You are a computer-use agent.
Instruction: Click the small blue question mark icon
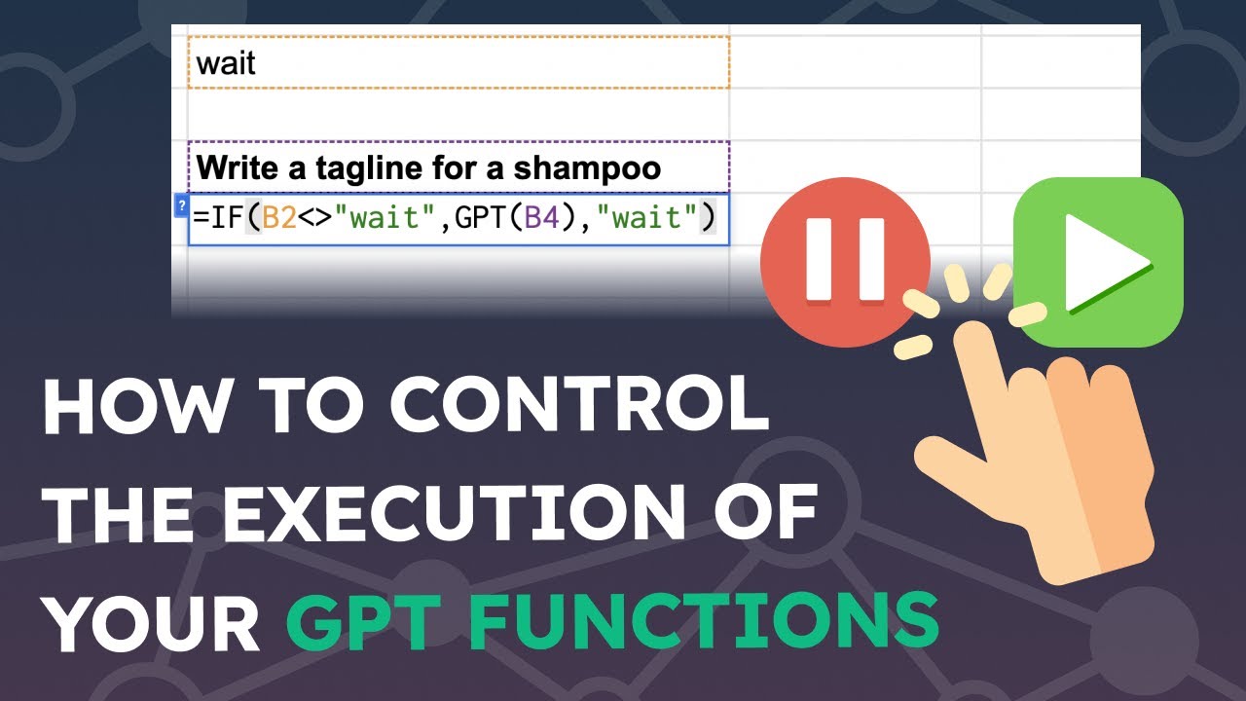coord(180,205)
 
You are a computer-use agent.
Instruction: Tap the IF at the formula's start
coord(220,218)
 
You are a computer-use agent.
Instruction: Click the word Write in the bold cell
coord(238,168)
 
